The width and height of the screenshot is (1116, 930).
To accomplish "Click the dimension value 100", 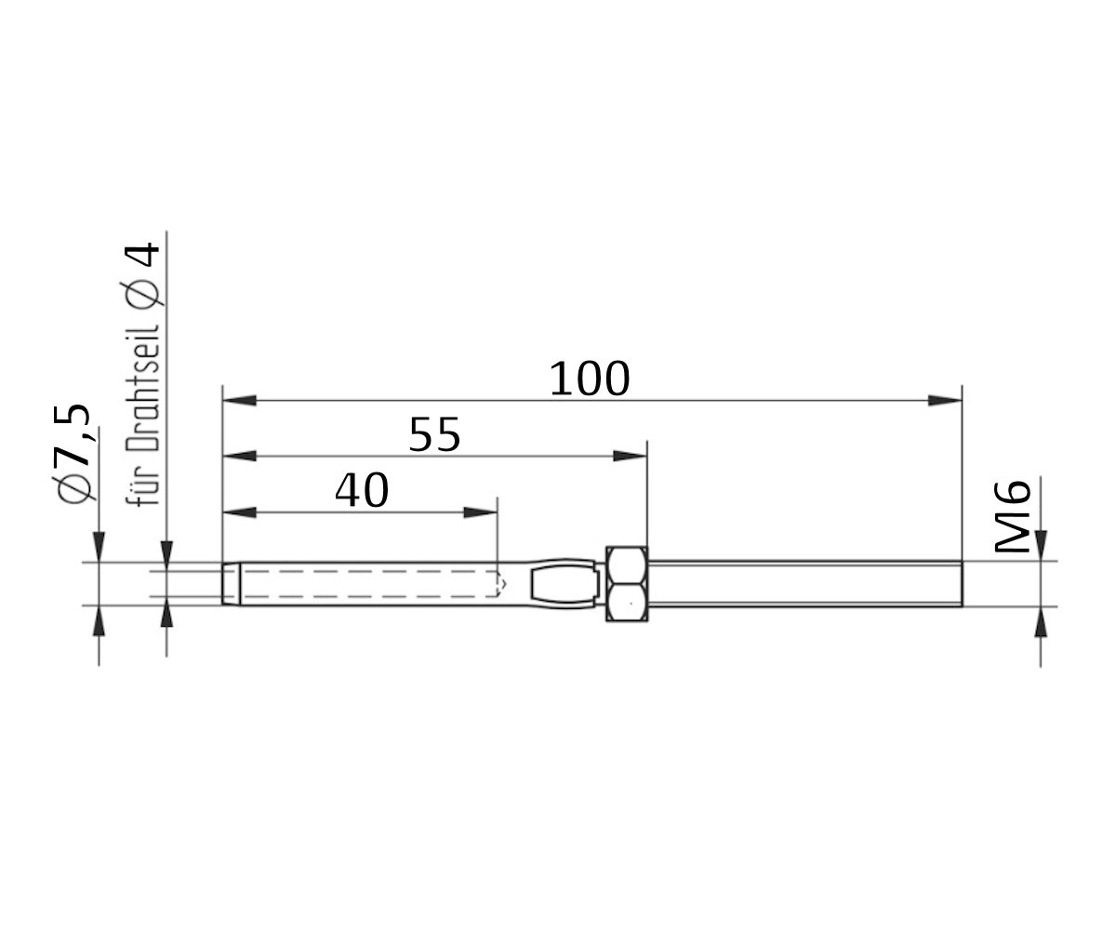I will point(590,379).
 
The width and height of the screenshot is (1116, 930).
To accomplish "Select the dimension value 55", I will point(434,434).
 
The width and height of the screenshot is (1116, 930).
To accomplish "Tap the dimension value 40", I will point(361,491).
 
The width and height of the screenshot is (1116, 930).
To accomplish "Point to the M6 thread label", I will point(1013,517).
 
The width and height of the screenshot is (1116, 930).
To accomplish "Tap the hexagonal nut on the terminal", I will point(627,584).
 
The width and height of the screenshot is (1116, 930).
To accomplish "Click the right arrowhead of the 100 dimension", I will point(945,400).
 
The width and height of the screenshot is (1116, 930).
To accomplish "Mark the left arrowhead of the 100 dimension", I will point(240,400).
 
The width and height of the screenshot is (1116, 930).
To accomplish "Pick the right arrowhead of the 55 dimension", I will point(630,456).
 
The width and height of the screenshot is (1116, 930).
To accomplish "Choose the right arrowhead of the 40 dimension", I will point(481,512).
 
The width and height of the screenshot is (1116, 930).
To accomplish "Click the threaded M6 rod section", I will point(804,584).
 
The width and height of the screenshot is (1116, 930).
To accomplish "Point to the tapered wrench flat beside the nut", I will point(565,584).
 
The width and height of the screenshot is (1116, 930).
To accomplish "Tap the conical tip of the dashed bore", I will point(502,584).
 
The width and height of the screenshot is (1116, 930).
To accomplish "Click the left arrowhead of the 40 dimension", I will point(240,512).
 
